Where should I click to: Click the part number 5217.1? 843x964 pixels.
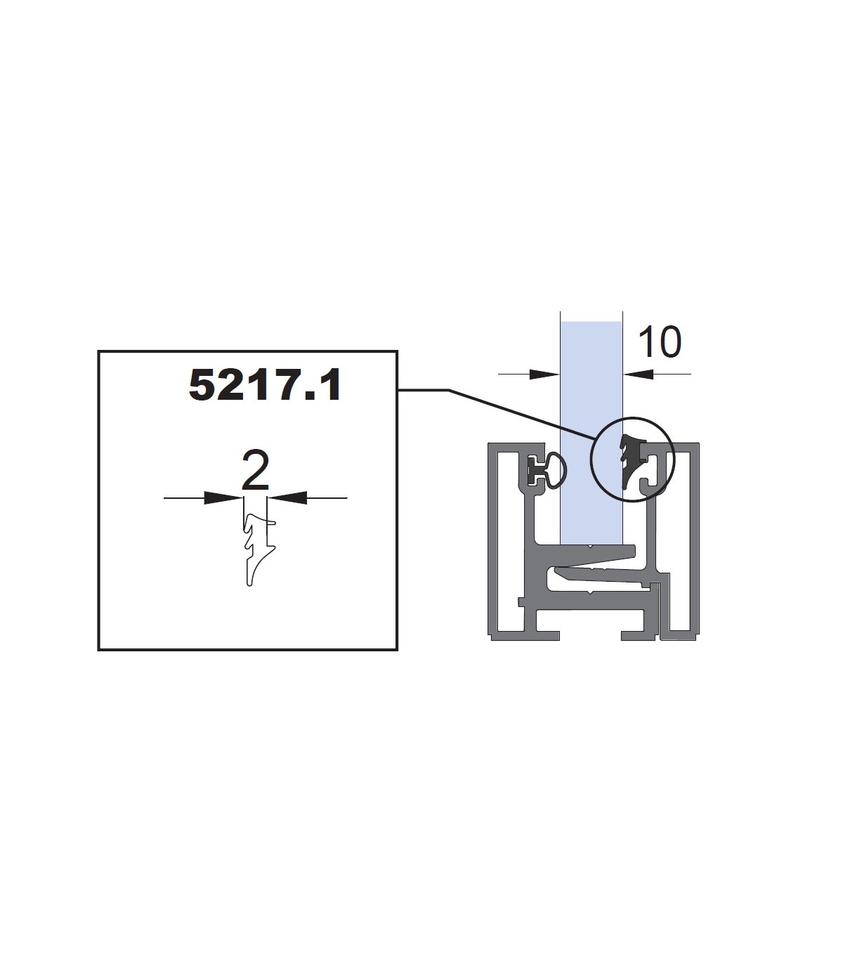[265, 385]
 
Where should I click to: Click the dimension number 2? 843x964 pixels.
[255, 470]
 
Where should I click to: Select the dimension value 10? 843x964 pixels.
[660, 341]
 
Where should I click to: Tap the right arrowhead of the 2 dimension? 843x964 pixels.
[287, 497]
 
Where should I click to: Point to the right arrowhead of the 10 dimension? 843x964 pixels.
[638, 374]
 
